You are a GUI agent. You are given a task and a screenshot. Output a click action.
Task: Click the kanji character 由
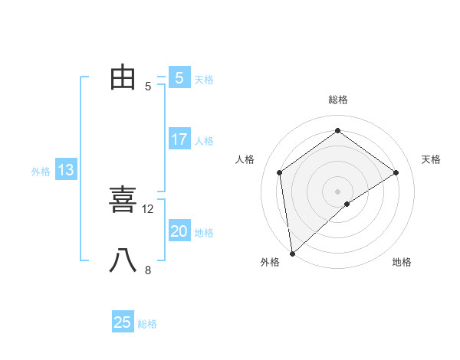coord(123,77)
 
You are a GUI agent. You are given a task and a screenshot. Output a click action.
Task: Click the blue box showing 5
coord(179,77)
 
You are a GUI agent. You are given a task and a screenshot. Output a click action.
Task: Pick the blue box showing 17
coord(179,139)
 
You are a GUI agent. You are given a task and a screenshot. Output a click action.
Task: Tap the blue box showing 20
coord(179,231)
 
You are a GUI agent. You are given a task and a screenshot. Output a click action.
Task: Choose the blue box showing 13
coord(66,170)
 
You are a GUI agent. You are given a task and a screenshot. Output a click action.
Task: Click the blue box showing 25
coord(123,322)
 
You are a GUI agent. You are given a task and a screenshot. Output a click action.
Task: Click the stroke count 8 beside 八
coord(148,270)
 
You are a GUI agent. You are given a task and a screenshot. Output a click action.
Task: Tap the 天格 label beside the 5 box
coord(204,79)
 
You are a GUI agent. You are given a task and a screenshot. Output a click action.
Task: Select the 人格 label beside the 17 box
coord(204,141)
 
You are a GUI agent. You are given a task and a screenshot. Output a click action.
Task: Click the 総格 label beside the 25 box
coord(147,324)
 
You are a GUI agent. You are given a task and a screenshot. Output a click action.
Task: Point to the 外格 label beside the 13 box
coord(41,172)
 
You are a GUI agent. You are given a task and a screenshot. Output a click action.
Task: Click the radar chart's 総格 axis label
coord(337,100)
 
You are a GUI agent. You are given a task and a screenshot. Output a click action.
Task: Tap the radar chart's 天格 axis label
coord(432,159)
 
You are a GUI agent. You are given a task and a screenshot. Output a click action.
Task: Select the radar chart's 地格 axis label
coord(402,262)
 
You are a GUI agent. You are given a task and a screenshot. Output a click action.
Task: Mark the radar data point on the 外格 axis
coord(292,253)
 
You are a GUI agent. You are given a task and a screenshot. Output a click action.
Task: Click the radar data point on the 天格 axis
coord(396,172)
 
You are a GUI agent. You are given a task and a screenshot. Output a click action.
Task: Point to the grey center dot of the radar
coord(337,191)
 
